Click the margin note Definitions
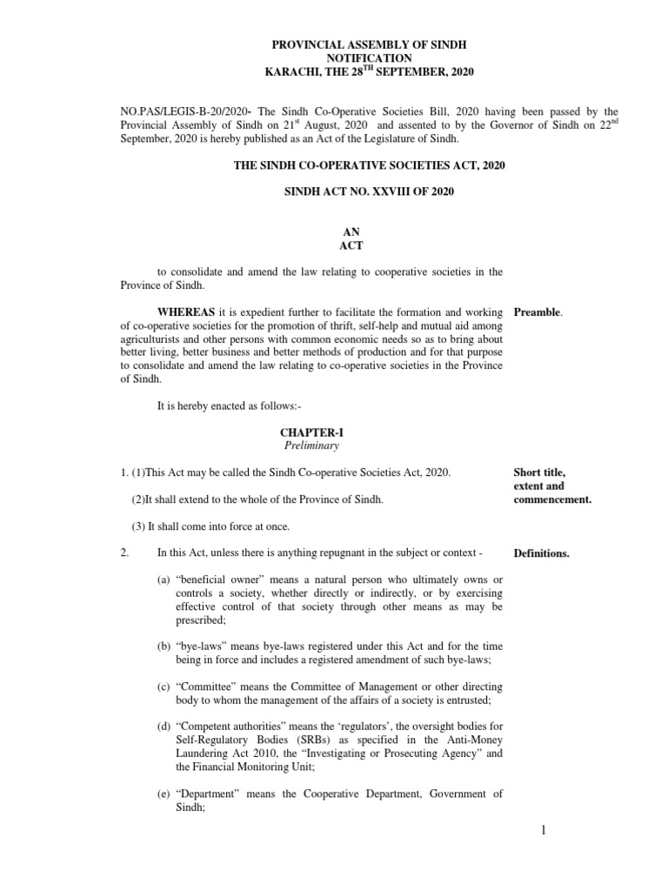542,553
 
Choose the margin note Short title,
539,472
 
